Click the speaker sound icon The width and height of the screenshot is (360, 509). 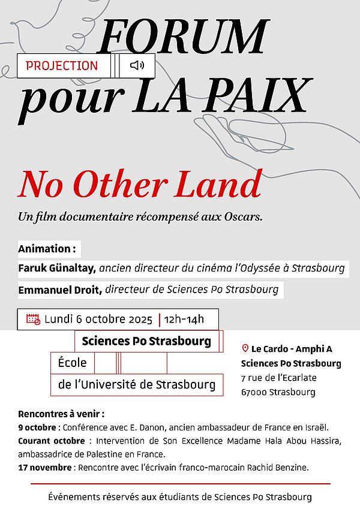click(137, 65)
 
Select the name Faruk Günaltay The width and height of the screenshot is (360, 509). click(57, 269)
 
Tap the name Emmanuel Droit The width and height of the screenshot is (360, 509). click(60, 290)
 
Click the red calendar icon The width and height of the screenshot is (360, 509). click(33, 319)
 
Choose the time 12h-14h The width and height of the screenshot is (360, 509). click(184, 319)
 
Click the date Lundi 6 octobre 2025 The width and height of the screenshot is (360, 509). click(98, 319)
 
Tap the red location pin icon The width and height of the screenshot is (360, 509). click(245, 348)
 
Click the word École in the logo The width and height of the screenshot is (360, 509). click(73, 363)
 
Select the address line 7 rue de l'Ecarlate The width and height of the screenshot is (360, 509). click(278, 378)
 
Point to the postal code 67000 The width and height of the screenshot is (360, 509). click(254, 393)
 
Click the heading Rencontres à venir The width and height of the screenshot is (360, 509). click(61, 414)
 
